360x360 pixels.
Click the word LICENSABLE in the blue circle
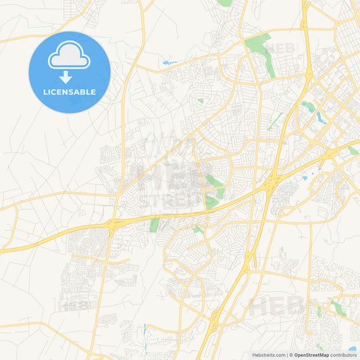click(69, 92)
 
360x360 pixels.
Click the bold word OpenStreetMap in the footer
click(311, 354)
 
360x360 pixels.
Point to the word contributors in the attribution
click(343, 354)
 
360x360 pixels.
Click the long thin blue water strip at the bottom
click(144, 331)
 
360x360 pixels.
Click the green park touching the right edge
click(353, 151)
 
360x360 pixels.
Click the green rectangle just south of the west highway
click(155, 224)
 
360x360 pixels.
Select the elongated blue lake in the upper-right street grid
click(321, 116)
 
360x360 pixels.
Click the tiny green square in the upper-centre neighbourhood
click(201, 101)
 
